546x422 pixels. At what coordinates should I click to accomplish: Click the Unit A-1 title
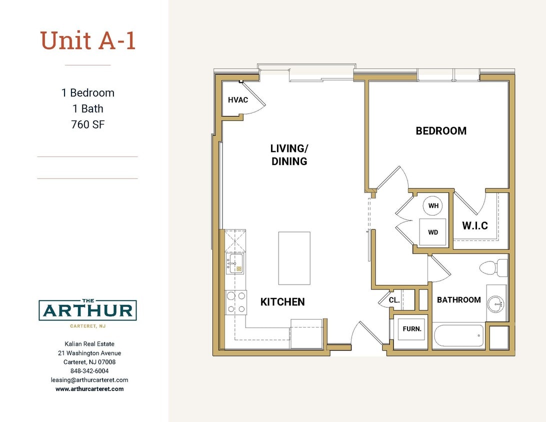[x=88, y=41]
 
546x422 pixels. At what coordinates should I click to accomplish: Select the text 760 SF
[x=88, y=124]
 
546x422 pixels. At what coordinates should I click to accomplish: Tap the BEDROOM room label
[x=441, y=131]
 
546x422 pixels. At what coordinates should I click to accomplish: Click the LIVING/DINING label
[x=289, y=155]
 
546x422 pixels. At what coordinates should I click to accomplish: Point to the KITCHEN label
[x=282, y=302]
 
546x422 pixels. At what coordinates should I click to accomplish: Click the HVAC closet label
[x=238, y=100]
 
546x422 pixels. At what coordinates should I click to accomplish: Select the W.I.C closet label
[x=474, y=226]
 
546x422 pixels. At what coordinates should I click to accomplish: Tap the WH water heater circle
[x=433, y=205]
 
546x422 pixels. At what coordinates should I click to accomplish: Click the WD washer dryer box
[x=432, y=232]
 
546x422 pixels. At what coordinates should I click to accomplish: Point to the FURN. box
[x=412, y=329]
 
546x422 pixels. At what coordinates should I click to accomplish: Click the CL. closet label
[x=394, y=300]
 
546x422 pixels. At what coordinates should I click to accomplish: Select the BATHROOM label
[x=458, y=300]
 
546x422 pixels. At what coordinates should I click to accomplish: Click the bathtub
[x=458, y=335]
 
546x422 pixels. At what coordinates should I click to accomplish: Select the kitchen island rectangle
[x=294, y=258]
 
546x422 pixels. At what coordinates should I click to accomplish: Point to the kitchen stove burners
[x=236, y=302]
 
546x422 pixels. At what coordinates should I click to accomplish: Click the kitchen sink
[x=234, y=263]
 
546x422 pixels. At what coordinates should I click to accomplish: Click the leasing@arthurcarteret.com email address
[x=89, y=380]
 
